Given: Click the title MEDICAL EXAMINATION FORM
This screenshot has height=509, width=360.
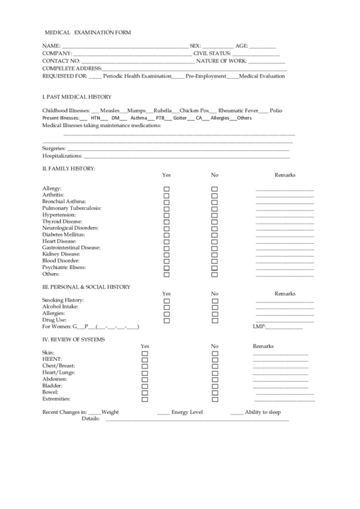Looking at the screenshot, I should tap(88, 32).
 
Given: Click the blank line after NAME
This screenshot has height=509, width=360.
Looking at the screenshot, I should tap(125, 46).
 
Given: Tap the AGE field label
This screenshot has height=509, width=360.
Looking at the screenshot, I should tap(242, 46).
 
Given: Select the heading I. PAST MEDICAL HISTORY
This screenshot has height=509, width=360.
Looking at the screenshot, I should tap(77, 96).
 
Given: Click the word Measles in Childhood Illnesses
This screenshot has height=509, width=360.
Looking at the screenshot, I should tap(110, 109).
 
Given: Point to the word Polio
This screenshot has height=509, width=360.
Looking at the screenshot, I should tap(276, 109).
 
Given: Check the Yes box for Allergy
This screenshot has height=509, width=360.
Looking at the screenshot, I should tap(166, 189).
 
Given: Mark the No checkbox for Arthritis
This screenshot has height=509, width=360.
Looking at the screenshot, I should tap(215, 196).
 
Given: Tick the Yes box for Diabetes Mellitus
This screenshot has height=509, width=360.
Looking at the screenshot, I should tap(166, 234).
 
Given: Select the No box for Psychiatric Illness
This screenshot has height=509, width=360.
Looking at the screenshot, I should tap(215, 268).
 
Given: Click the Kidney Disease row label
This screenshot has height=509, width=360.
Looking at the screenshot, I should tap(61, 253).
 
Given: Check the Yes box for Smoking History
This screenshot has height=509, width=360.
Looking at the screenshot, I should tap(166, 300).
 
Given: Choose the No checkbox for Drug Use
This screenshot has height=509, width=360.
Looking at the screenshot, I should tap(215, 320).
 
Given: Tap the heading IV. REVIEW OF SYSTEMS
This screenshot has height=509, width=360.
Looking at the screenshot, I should tap(74, 339).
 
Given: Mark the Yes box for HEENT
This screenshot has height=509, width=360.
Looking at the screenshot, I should tap(144, 360).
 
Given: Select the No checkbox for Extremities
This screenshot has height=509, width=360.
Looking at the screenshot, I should tap(215, 399).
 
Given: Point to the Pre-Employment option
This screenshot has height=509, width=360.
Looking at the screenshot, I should tap(205, 76).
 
